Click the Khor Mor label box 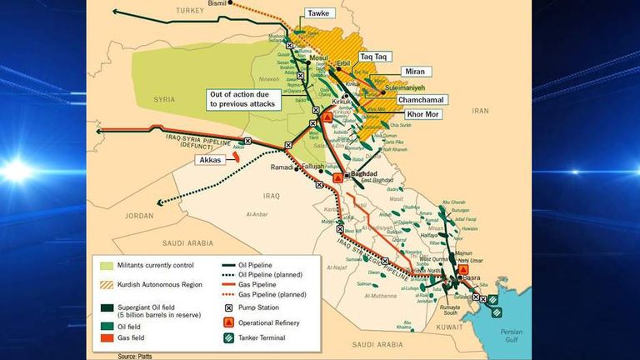(x=422, y=114)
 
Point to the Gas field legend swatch (x=106, y=339)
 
